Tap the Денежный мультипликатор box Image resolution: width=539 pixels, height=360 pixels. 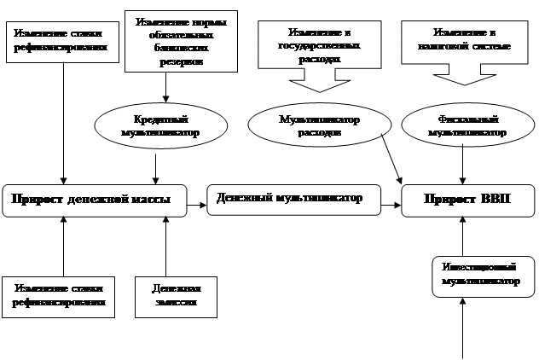tap(290, 198)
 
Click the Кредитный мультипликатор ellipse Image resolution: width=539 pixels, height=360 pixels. tap(160, 125)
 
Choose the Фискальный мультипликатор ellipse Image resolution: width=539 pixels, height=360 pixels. tap(467, 125)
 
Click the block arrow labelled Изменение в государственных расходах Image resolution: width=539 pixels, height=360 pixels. tap(314, 60)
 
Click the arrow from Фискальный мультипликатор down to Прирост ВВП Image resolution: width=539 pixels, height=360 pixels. tap(462, 164)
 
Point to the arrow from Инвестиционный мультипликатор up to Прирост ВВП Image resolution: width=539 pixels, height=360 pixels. tap(462, 235)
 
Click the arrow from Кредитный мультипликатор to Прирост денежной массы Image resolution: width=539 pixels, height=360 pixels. tap(154, 165)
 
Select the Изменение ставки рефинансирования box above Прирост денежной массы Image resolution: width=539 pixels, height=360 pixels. tap(61, 42)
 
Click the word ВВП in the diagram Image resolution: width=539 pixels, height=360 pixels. tap(492, 200)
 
